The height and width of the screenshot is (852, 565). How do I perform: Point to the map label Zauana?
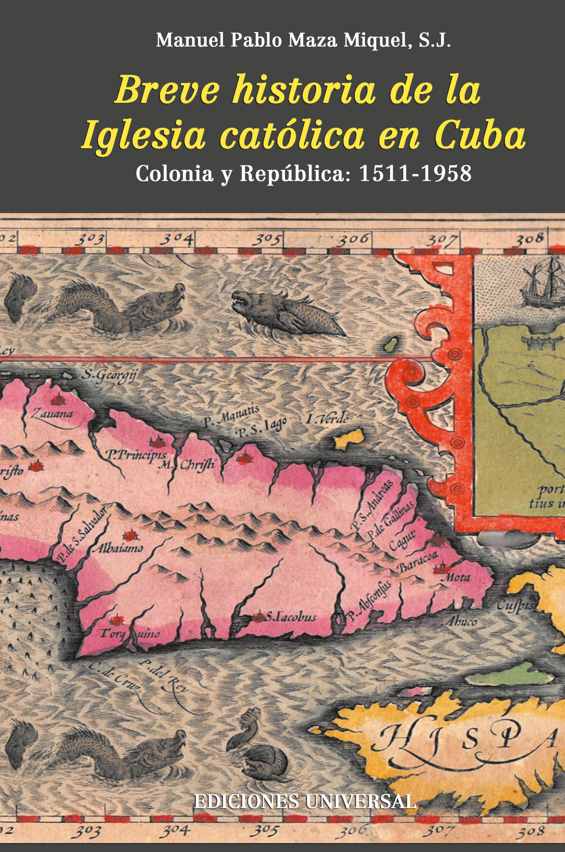click(52, 413)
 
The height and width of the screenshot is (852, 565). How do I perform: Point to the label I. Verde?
click(328, 419)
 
